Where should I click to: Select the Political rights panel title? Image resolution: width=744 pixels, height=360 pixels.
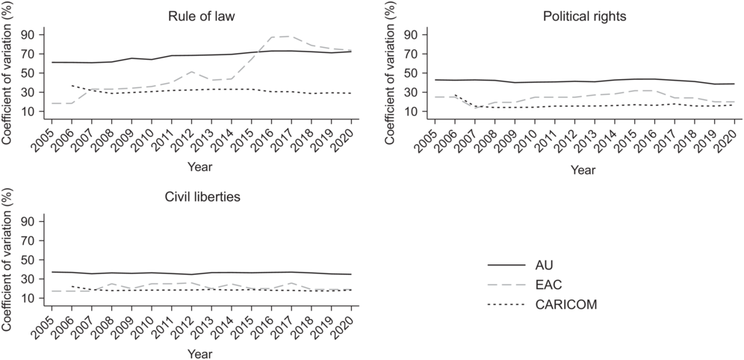point(585,16)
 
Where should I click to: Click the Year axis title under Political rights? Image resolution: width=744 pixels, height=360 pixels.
point(583,169)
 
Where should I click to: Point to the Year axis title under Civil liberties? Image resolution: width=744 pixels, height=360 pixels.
point(199,354)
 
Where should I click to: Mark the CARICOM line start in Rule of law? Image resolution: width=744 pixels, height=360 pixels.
point(72,85)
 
